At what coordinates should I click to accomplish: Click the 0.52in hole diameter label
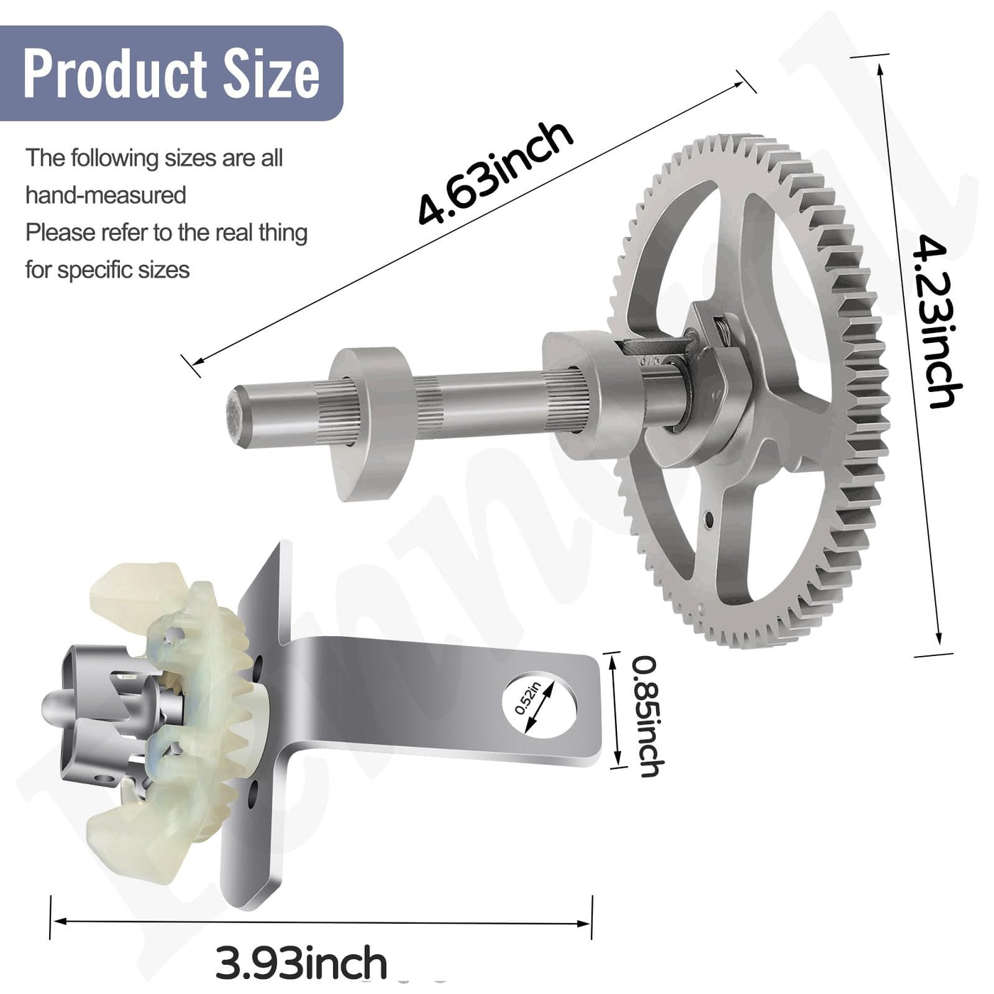tap(528, 698)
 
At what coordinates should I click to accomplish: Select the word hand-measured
tap(106, 195)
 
